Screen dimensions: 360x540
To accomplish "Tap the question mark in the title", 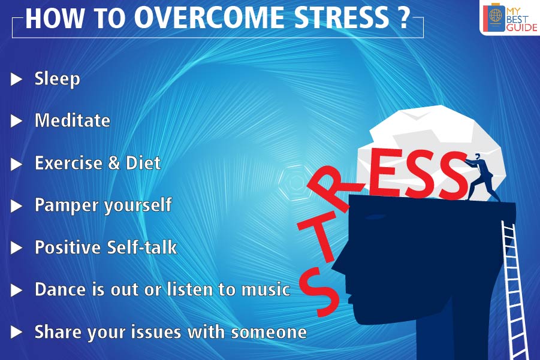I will coord(403,19).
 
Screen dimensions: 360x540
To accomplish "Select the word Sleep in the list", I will coord(57,79).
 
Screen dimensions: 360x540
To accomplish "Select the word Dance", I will coord(60,289).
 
